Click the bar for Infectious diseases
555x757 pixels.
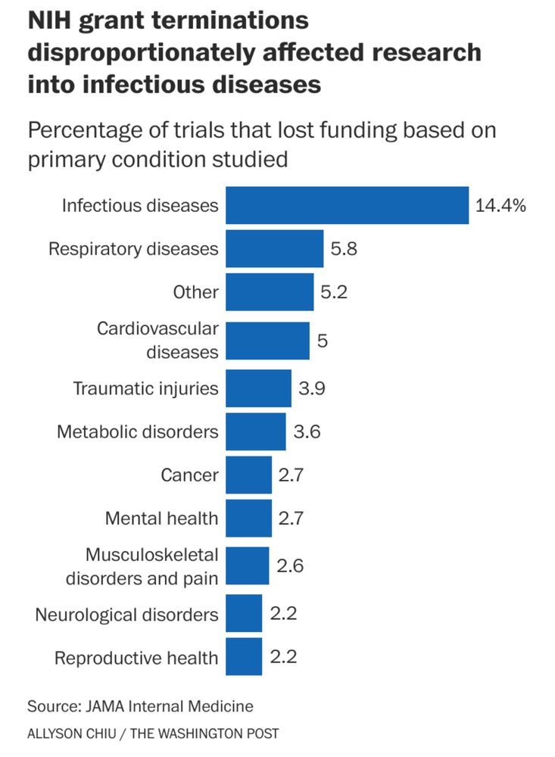pyautogui.click(x=347, y=205)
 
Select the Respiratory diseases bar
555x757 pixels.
pyautogui.click(x=274, y=248)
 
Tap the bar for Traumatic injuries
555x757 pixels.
pyautogui.click(x=258, y=388)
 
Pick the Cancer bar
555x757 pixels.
pyautogui.click(x=248, y=475)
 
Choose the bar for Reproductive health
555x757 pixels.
pyautogui.click(x=244, y=657)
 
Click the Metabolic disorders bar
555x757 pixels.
pyautogui.click(x=256, y=431)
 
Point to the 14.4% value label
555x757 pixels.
pyautogui.click(x=500, y=205)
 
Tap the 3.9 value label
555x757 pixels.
pyautogui.click(x=312, y=388)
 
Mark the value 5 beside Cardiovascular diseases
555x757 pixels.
pyautogui.click(x=322, y=341)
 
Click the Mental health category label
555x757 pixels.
pyautogui.click(x=161, y=519)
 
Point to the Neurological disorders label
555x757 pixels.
pyautogui.click(x=126, y=613)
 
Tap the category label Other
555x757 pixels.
pyautogui.click(x=195, y=292)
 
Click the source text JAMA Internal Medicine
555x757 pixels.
pyautogui.click(x=167, y=706)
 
